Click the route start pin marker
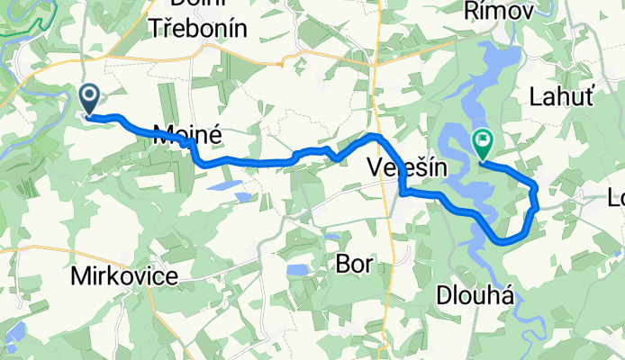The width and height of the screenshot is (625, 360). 91,98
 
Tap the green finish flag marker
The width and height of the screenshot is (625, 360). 483,142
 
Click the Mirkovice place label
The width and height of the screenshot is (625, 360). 123,276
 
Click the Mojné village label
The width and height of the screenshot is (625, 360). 187,135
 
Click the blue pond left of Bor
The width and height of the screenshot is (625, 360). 297,270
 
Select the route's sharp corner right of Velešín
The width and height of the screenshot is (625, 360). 403,192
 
